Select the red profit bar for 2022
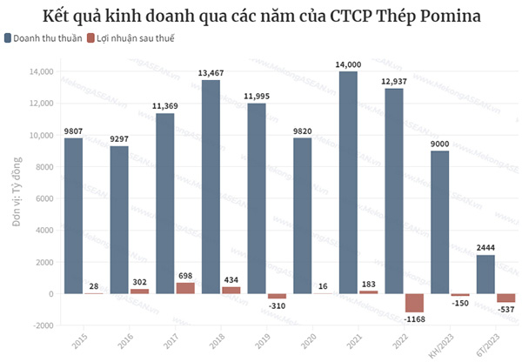point(413,303)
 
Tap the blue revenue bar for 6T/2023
point(486,274)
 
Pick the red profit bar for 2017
point(185,288)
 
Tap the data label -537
point(505,309)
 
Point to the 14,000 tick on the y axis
point(41,72)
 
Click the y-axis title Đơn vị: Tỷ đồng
point(17,198)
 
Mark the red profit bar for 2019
point(277,297)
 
